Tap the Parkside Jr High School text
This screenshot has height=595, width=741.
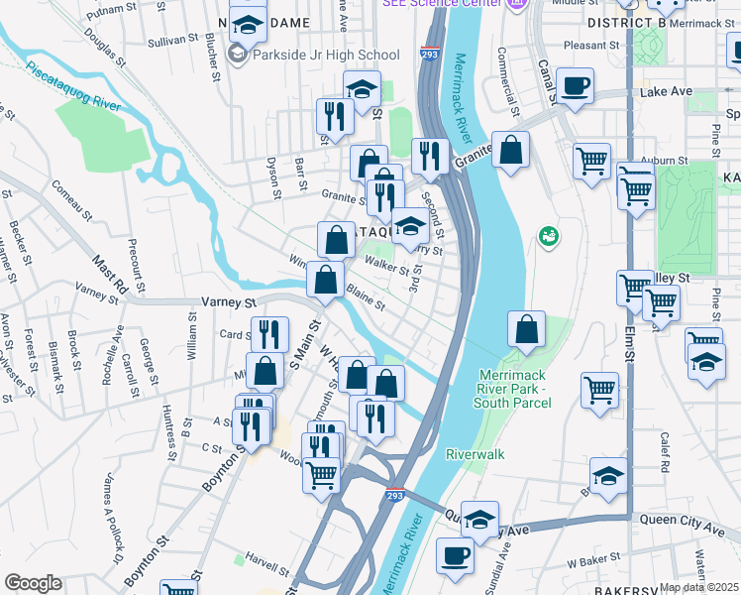pyautogui.click(x=325, y=56)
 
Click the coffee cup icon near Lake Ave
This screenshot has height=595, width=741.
pyautogui.click(x=575, y=85)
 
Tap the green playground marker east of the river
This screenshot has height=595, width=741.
pyautogui.click(x=546, y=236)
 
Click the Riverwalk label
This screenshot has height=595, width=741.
pyautogui.click(x=476, y=453)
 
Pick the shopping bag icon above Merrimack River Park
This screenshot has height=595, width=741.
pyautogui.click(x=527, y=330)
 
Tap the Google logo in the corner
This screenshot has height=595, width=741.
pyautogui.click(x=33, y=583)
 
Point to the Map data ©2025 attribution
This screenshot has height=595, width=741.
pyautogui.click(x=699, y=587)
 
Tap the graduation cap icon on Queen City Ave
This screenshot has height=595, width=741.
pyautogui.click(x=479, y=520)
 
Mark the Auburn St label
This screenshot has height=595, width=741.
pyautogui.click(x=662, y=160)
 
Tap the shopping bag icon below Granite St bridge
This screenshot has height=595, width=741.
pyautogui.click(x=511, y=151)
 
